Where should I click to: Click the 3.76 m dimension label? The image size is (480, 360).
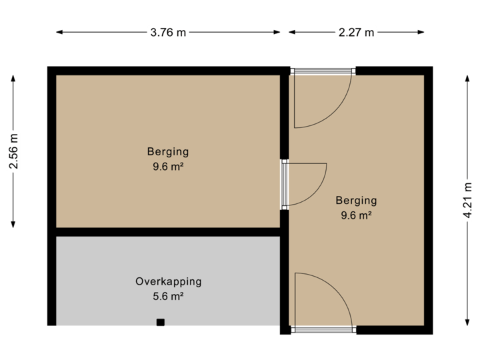click(x=168, y=32)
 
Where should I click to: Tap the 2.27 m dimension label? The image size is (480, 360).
click(x=357, y=32)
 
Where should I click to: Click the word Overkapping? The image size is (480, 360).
click(x=168, y=281)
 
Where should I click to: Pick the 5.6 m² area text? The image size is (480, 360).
click(x=168, y=296)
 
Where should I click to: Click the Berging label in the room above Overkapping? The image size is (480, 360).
click(x=168, y=151)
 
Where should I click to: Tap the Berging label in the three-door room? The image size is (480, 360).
click(x=356, y=200)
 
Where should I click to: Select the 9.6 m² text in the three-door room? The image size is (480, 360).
click(x=356, y=215)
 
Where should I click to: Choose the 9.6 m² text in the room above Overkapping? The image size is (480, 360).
click(x=168, y=167)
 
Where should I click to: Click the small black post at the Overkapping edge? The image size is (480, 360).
click(x=160, y=323)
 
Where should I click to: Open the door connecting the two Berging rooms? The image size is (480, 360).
click(x=304, y=183)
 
